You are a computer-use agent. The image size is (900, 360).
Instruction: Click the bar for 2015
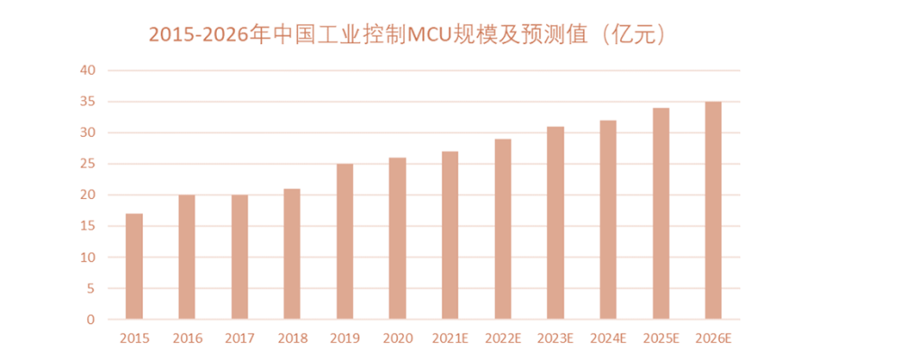[134, 266]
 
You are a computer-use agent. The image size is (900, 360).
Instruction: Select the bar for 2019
[344, 241]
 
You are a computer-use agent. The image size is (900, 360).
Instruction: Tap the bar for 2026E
[713, 211]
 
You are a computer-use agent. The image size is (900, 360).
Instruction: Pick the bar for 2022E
[502, 229]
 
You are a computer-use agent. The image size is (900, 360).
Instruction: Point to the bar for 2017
[239, 257]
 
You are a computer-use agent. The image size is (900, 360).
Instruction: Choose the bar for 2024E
[607, 220]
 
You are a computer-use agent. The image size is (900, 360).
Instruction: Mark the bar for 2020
[397, 238]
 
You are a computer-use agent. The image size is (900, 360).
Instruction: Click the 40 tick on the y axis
[87, 70]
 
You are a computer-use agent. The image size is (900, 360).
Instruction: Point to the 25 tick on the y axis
[87, 164]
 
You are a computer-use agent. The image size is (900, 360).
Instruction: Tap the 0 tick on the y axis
[91, 319]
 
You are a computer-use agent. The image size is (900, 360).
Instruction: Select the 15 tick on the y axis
[87, 226]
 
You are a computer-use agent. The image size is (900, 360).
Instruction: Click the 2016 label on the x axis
[187, 339]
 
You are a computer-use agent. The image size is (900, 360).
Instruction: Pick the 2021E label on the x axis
[450, 339]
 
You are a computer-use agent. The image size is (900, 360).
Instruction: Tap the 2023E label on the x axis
[555, 339]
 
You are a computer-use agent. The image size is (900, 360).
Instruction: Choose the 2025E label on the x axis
[661, 339]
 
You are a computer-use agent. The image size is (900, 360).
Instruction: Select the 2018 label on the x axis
[292, 339]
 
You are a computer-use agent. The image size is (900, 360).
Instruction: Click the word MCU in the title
[431, 35]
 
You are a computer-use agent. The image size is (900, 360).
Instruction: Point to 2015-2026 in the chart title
[197, 35]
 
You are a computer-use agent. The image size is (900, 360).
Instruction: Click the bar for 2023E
[555, 222]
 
